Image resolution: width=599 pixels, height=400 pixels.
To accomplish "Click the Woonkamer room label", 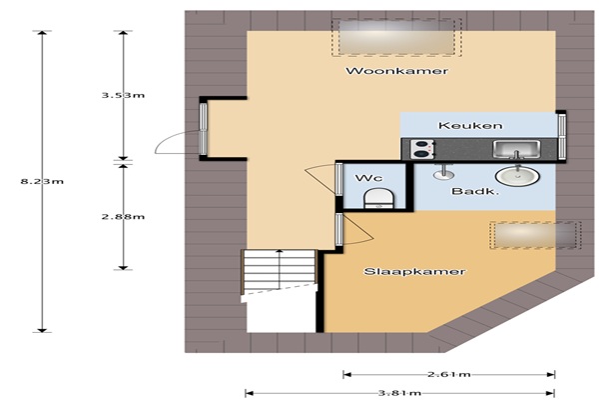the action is point(396,71).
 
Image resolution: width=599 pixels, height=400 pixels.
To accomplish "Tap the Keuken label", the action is point(470,126).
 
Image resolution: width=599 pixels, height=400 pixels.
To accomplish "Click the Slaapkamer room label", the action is point(414,271).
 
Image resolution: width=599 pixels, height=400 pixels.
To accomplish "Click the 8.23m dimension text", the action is point(42,181).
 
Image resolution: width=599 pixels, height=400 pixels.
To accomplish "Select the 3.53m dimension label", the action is point(123,95).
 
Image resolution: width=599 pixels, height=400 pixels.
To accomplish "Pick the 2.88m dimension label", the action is point(123,217).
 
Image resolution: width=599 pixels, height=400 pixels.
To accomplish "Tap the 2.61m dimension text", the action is point(449,374).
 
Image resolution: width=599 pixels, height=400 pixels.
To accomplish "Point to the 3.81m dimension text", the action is point(399,393).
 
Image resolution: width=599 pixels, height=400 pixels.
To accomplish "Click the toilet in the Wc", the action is point(378,199).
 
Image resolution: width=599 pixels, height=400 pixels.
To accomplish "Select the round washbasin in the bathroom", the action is point(517,176).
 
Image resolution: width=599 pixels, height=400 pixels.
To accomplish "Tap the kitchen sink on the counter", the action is point(516,149).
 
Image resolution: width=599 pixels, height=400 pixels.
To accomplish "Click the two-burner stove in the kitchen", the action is point(423,149).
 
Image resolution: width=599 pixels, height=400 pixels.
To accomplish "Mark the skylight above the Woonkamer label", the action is point(396,38).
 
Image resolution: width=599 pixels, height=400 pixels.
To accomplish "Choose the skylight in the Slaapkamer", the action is point(535,235).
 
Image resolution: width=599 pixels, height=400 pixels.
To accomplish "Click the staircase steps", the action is point(280,272).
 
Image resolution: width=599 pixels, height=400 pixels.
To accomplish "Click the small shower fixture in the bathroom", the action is point(444,172).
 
